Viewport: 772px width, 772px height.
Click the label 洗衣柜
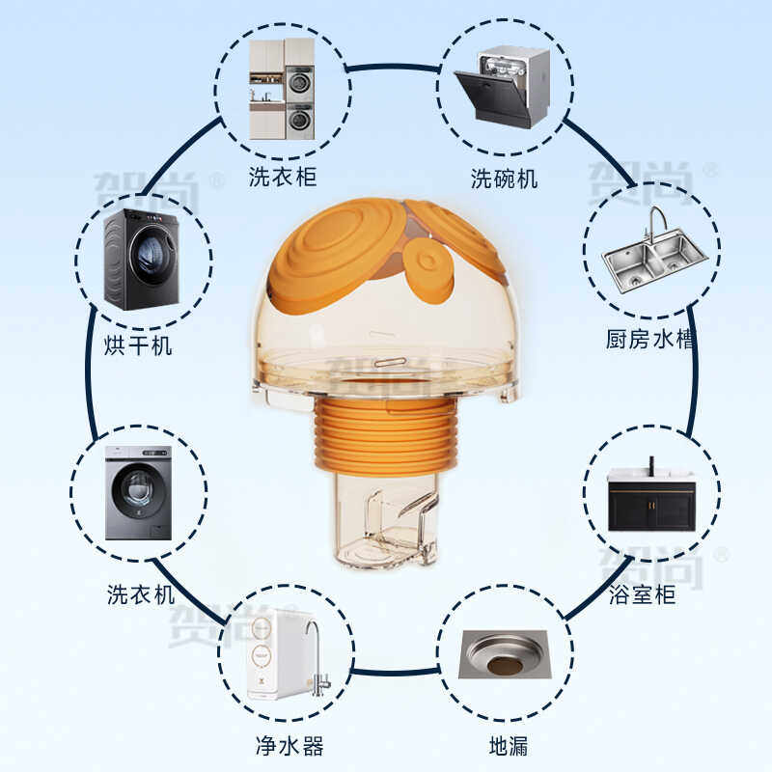(282, 177)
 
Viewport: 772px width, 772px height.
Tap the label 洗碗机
(504, 179)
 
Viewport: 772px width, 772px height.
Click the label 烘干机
(138, 344)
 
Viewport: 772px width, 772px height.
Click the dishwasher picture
(502, 87)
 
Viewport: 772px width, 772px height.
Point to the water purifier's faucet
(316, 656)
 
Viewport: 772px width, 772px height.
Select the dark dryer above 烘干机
(142, 260)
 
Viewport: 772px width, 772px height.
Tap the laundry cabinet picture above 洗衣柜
(282, 89)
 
